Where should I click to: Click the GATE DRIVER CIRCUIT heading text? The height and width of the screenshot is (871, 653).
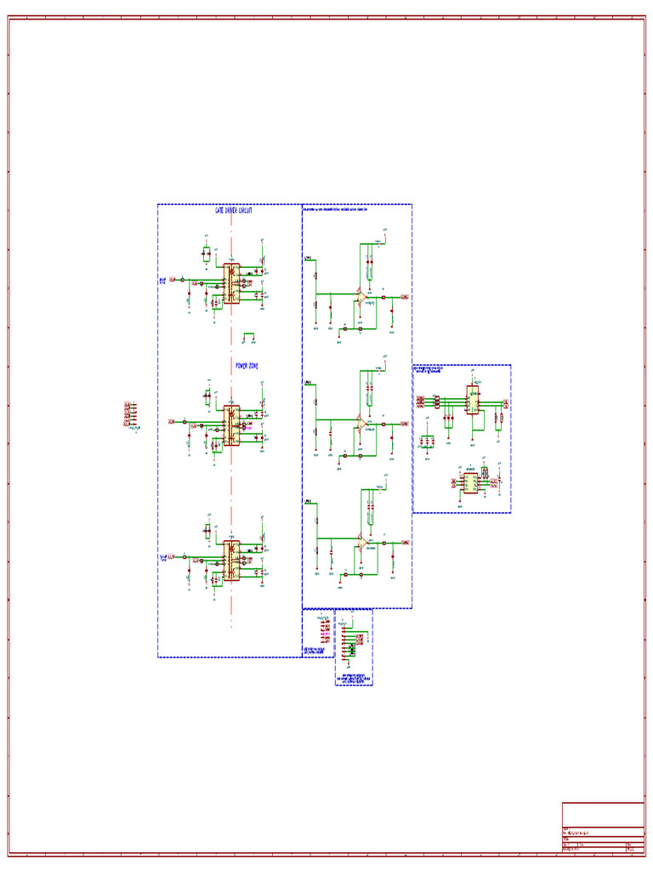[233, 210]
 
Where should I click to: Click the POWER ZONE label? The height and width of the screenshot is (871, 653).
[247, 366]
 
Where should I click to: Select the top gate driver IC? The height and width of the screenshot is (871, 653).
[231, 282]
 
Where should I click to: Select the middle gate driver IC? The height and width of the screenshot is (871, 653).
[231, 425]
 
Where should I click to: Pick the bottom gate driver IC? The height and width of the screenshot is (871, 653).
[231, 561]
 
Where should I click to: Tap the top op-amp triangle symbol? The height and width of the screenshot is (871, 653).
[361, 296]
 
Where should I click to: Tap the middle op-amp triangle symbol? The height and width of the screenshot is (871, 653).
[361, 422]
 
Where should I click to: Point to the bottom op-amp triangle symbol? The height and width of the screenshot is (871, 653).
[361, 541]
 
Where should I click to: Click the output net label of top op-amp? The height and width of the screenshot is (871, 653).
[405, 297]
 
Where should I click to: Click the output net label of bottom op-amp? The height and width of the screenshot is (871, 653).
[405, 541]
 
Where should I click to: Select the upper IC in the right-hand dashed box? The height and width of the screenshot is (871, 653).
[472, 399]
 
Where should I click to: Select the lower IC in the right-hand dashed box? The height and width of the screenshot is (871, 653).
[469, 482]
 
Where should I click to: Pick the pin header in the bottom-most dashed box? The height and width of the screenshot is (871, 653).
[349, 651]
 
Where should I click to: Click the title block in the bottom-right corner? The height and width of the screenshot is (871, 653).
[603, 826]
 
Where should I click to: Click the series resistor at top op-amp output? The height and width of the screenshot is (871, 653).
[384, 297]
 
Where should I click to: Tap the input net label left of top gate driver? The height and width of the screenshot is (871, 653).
[173, 279]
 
